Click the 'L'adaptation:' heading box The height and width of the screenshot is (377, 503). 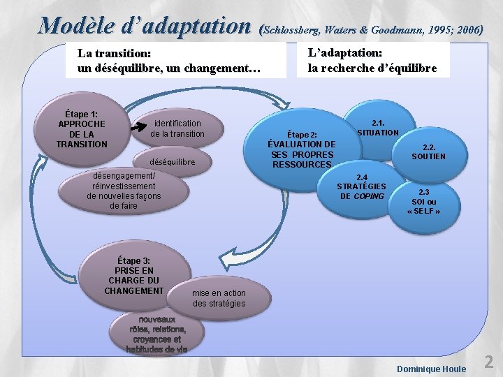pyautogui.click(x=372, y=61)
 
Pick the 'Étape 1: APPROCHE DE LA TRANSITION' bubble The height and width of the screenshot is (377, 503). pyautogui.click(x=82, y=128)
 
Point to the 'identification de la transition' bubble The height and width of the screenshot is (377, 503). pyautogui.click(x=177, y=128)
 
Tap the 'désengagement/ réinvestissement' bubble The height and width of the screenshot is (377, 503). pyautogui.click(x=124, y=191)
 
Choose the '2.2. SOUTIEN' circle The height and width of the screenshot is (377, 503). pyautogui.click(x=428, y=151)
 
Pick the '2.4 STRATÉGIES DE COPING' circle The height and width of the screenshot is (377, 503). pyautogui.click(x=361, y=186)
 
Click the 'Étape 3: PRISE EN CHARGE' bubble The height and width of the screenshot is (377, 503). pyautogui.click(x=134, y=275)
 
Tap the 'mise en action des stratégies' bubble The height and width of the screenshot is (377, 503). pyautogui.click(x=219, y=298)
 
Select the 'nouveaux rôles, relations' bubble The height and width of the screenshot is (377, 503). pyautogui.click(x=157, y=334)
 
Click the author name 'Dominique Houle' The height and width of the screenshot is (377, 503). pyautogui.click(x=431, y=368)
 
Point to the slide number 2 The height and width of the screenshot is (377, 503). pyautogui.click(x=489, y=361)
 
